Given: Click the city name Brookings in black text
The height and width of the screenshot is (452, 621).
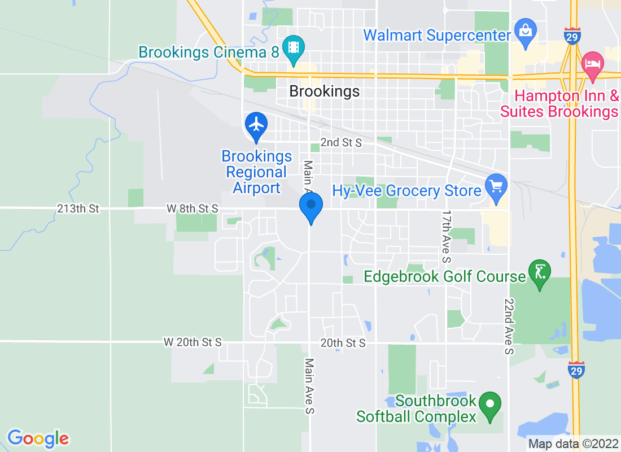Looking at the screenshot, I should pos(324,92).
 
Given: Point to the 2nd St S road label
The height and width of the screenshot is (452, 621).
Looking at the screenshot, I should pos(341,142).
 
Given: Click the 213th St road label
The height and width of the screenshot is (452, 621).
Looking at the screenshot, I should pos(78,208).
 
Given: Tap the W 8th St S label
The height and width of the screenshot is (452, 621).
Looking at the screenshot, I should pos(192,208).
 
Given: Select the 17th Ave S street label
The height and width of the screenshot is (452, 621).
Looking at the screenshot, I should pos(447,237).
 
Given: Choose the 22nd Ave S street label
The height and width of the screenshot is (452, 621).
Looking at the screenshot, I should pos(509,327).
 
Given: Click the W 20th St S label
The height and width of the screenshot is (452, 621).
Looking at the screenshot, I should pos(193,342).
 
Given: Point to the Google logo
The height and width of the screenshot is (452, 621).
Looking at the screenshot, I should pos(38,438).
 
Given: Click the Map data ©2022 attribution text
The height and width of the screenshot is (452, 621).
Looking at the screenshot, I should pos(572,444).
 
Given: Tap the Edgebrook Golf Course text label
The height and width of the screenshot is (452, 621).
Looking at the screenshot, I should pos(445,276).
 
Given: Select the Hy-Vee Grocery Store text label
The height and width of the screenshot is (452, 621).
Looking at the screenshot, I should pos(406,190).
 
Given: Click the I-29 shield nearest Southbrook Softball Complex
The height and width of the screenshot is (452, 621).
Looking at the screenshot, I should pos(576,370).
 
